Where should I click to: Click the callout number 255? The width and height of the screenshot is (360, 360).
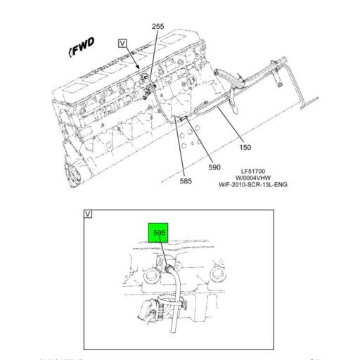[x=158, y=27]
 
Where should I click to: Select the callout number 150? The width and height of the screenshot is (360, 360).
[x=245, y=148]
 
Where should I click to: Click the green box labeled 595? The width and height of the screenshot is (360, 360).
[x=159, y=231]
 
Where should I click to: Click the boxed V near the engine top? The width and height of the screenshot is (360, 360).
[x=123, y=43]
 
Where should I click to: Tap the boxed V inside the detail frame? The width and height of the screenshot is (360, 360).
[x=88, y=213]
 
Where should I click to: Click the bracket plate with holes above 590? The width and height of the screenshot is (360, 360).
[x=191, y=137]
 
